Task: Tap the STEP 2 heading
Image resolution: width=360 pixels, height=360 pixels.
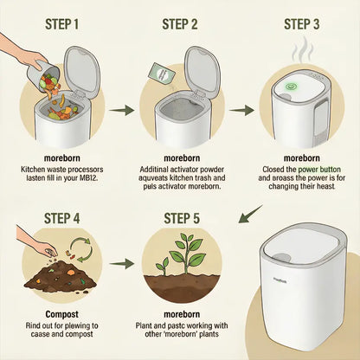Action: tap(181, 20)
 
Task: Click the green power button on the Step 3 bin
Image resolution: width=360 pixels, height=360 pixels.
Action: tap(292, 87)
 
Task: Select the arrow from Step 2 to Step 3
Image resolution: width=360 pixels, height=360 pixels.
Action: tap(241, 110)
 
